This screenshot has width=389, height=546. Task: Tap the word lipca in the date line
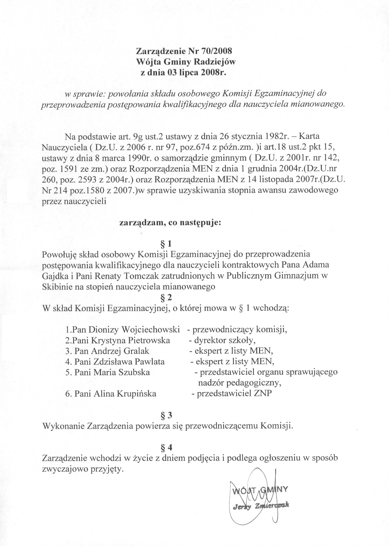click(193, 72)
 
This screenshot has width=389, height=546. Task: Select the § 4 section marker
click(166, 448)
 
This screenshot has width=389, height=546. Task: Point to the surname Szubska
click(134, 372)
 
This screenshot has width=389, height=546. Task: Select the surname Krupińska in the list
click(138, 394)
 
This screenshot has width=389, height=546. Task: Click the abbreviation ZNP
click(263, 393)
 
